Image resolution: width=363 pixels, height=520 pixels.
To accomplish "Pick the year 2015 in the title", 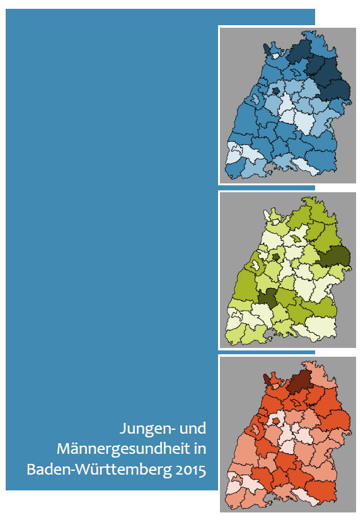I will (188, 469).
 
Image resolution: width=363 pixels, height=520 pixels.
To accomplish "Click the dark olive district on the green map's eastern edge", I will (333, 257).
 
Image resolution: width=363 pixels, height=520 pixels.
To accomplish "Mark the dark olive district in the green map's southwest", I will (268, 296).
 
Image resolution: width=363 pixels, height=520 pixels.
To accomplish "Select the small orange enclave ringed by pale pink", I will (275, 418).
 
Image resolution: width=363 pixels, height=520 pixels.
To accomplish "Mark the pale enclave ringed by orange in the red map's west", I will (256, 430).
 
